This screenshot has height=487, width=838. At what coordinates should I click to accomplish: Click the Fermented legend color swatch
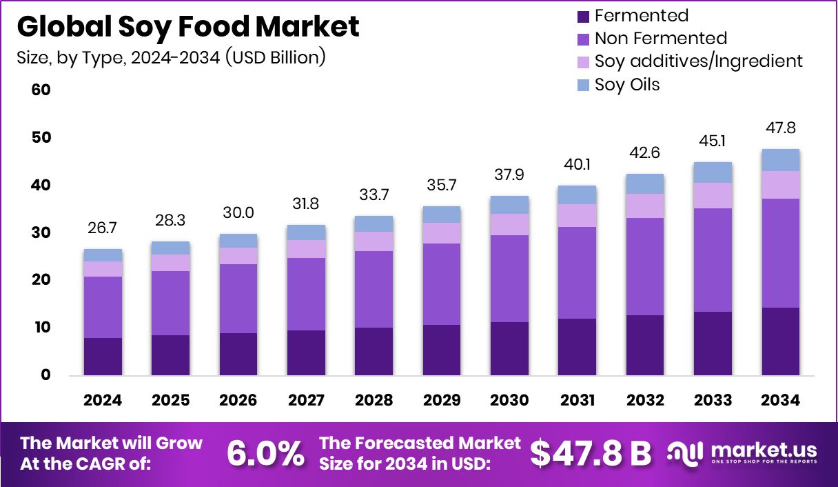point(582,16)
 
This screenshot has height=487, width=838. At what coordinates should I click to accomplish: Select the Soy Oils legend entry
point(627,84)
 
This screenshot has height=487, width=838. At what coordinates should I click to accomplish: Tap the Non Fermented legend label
point(660,38)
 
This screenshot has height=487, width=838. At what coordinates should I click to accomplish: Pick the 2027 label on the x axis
point(306,401)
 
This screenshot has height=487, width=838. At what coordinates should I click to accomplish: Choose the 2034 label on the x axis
point(780,401)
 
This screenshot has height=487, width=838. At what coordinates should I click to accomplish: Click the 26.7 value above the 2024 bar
point(103,228)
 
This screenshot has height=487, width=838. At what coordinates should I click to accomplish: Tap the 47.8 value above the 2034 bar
point(780,128)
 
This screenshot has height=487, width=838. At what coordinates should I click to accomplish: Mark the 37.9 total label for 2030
point(509,175)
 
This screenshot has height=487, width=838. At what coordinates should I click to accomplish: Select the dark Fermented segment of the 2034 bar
point(780,341)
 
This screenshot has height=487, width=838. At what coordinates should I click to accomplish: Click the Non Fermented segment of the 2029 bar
point(442,284)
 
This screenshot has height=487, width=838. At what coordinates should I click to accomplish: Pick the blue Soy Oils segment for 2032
point(644,183)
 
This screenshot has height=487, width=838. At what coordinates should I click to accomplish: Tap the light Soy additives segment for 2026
point(238,256)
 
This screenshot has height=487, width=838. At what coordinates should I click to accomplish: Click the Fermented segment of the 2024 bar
point(103,356)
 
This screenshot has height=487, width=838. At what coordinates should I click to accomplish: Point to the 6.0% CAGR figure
point(265,453)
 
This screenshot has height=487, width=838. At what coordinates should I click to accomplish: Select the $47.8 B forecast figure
point(591,453)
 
